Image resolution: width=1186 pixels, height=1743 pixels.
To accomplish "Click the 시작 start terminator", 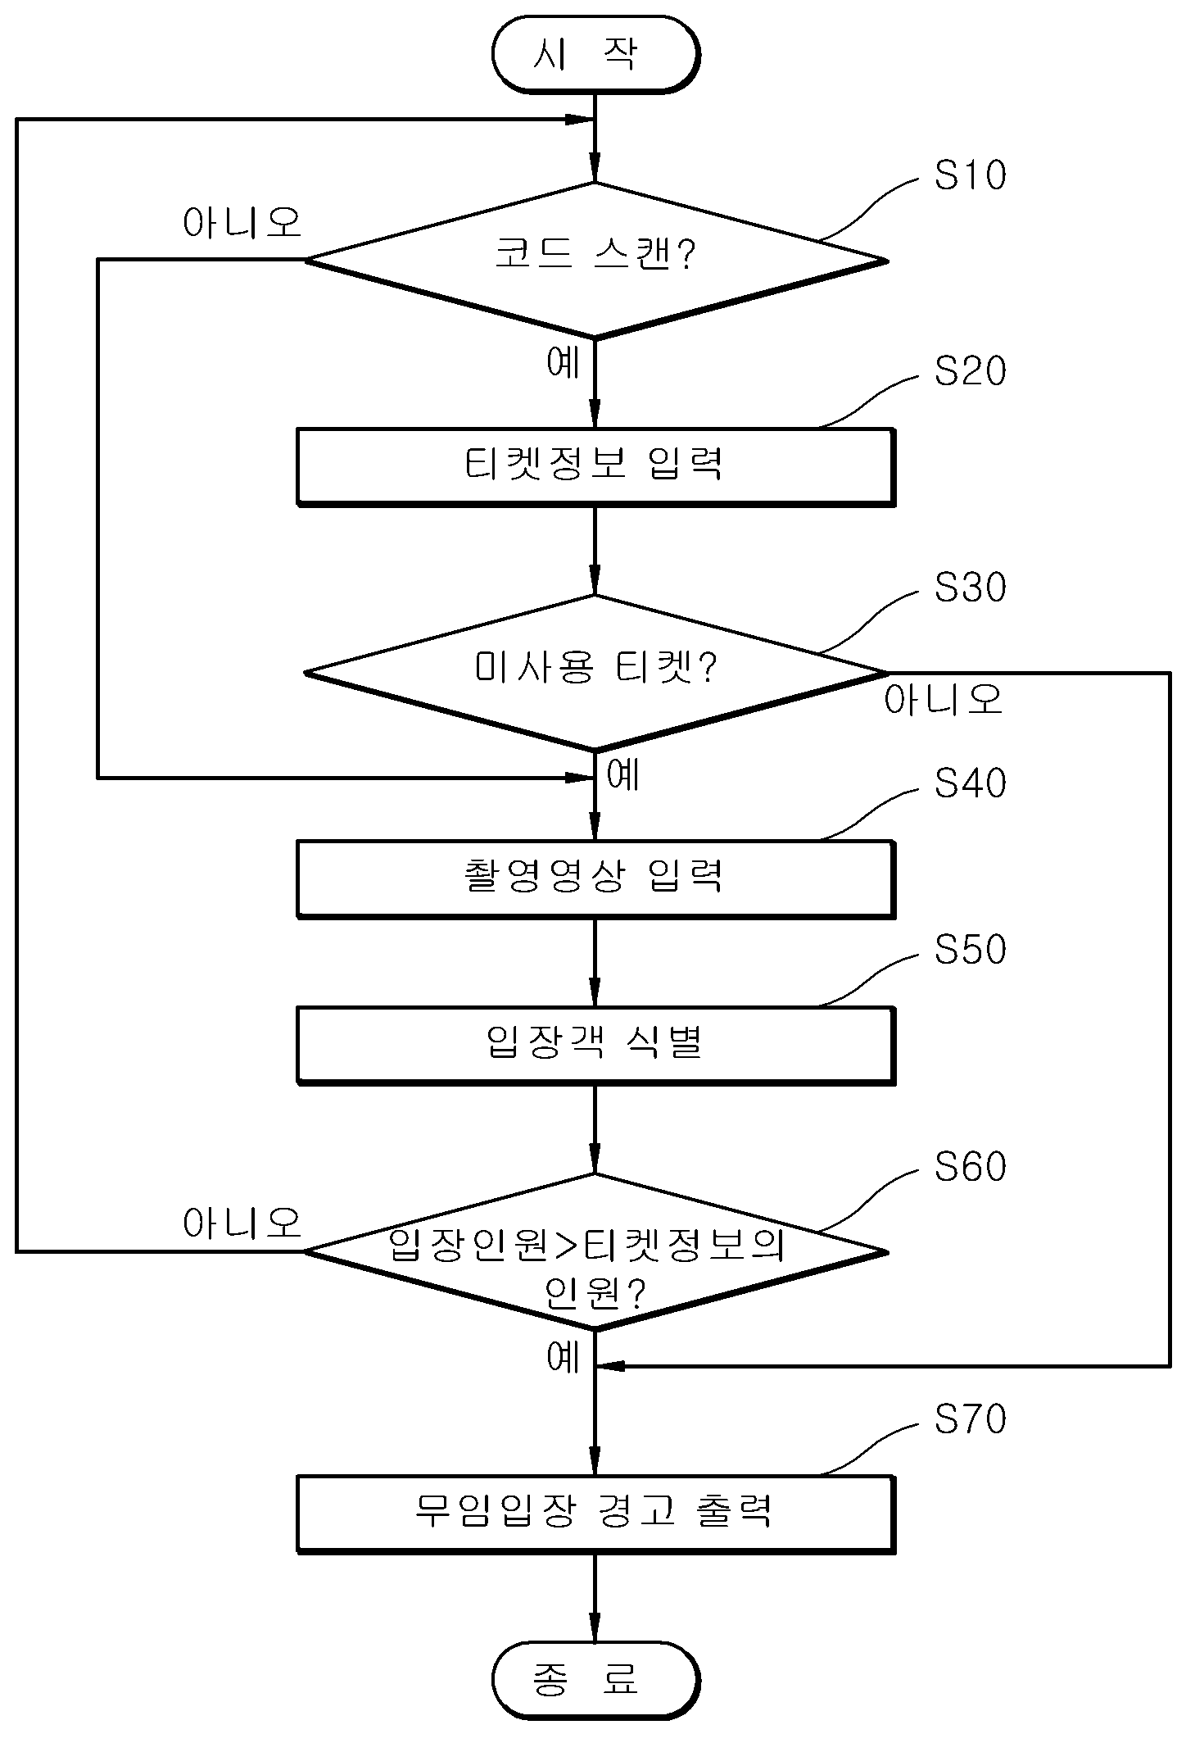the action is pos(595,54).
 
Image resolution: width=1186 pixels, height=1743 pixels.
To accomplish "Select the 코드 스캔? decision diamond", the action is pos(595,260).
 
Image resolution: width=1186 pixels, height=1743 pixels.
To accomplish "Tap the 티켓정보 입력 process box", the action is pos(595,466).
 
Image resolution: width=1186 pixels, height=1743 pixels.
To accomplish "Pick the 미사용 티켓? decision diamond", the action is pos(595,672).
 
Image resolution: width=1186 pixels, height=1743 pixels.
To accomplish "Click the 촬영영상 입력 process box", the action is pos(595,878).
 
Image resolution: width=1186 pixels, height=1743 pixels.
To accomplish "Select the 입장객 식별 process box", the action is pos(595,1045).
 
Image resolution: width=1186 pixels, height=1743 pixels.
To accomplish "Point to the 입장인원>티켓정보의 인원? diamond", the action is pos(595,1251).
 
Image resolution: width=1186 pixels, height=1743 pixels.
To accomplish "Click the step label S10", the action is pos(971,175).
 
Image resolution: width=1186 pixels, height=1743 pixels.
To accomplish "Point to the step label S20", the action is pos(971,371).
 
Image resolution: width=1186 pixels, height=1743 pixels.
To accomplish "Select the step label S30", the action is pos(971,588).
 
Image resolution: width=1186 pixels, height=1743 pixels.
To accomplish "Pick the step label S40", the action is pos(971,783).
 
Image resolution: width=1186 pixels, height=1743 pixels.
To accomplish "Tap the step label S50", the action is pos(971,949).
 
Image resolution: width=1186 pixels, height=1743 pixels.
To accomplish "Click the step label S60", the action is pos(971,1166).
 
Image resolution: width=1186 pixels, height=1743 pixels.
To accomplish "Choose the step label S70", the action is pos(971,1418).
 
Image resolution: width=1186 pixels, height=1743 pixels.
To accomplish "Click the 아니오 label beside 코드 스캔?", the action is pos(242,222).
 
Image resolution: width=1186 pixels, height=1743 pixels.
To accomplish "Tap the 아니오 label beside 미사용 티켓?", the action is pos(944,699).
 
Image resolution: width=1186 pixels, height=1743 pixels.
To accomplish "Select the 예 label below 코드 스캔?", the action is pos(564,362).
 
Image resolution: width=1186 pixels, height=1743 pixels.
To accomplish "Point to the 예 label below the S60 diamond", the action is pos(564,1357).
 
